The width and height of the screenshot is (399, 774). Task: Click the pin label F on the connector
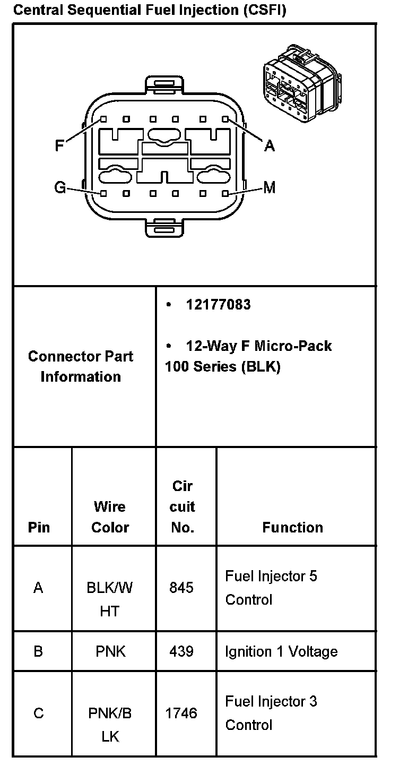click(x=60, y=145)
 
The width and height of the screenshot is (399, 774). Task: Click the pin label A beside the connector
click(x=270, y=145)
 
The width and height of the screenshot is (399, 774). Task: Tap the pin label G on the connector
click(x=60, y=187)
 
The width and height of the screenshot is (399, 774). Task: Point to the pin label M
click(x=270, y=187)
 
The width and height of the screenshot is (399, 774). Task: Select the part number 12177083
click(x=218, y=305)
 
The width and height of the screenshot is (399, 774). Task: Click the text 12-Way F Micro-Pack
click(x=258, y=346)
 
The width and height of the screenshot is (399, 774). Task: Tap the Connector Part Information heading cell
click(x=81, y=366)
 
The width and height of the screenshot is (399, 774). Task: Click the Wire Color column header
click(x=110, y=517)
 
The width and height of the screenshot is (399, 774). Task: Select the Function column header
click(x=292, y=527)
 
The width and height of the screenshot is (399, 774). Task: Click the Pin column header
click(x=39, y=527)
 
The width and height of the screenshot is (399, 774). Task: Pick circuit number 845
click(x=181, y=588)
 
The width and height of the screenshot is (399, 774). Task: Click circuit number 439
click(x=181, y=651)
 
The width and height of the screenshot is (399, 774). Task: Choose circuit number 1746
click(x=181, y=713)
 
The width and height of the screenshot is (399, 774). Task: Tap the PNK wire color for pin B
click(x=110, y=651)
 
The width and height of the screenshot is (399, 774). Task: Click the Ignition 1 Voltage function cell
click(x=281, y=651)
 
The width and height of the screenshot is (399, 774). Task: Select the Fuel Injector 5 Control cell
click(x=271, y=588)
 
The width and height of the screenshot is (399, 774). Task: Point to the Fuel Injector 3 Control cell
click(x=271, y=713)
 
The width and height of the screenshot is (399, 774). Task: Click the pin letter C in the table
click(x=39, y=713)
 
